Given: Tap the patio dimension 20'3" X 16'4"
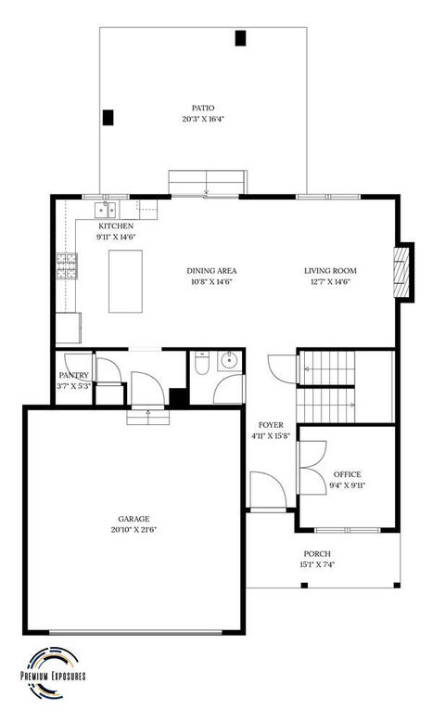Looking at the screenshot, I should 204,119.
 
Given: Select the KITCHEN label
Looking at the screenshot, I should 116,226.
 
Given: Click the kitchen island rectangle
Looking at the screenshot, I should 126,281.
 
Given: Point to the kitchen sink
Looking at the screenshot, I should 108,209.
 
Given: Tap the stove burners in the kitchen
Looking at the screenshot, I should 67,265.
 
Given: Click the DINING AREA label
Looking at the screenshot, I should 210,270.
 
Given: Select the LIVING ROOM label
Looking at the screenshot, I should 330,270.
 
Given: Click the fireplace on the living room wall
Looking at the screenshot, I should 401,271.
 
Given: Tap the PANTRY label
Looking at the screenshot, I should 74,375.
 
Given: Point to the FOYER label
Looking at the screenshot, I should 271,424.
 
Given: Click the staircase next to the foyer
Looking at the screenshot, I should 345,384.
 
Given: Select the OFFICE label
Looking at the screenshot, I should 348,473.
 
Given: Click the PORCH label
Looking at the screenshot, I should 318,553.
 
